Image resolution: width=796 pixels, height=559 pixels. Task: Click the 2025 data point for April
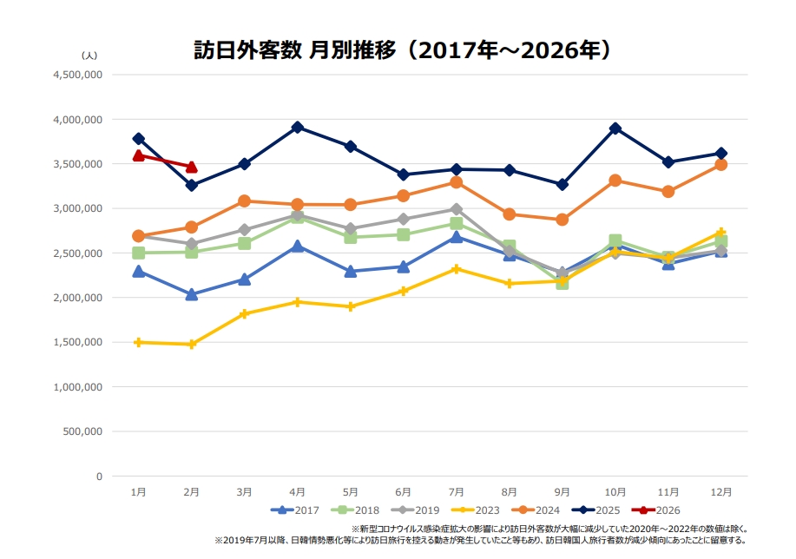point(298,127)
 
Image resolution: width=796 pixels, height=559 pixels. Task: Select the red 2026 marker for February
point(192,167)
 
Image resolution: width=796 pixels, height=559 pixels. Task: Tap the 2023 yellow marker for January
point(138,342)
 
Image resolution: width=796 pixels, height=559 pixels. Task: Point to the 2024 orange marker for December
point(720,164)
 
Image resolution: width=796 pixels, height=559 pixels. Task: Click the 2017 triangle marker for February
point(192,294)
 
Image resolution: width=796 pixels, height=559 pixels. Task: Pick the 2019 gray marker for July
point(457,209)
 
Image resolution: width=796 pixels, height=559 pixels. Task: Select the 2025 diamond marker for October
point(615,128)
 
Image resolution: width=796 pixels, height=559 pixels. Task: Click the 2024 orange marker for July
point(457,182)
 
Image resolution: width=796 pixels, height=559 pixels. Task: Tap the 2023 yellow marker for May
point(351,306)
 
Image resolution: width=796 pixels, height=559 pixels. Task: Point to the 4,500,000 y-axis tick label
point(79,75)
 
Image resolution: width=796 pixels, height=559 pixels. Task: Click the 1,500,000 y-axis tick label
point(79,342)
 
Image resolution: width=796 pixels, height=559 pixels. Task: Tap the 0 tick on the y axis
point(99,476)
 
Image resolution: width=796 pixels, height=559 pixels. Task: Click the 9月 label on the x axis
point(562,491)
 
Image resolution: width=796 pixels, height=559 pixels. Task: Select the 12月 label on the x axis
point(720,491)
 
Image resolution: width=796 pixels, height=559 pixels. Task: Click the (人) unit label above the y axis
point(90,55)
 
